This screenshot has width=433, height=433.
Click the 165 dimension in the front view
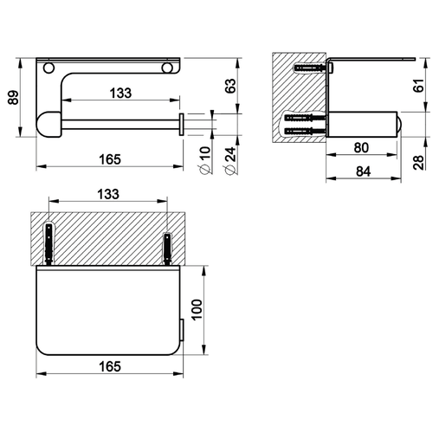pos(108,159)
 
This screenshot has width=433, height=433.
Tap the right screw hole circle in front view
pos(165,65)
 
